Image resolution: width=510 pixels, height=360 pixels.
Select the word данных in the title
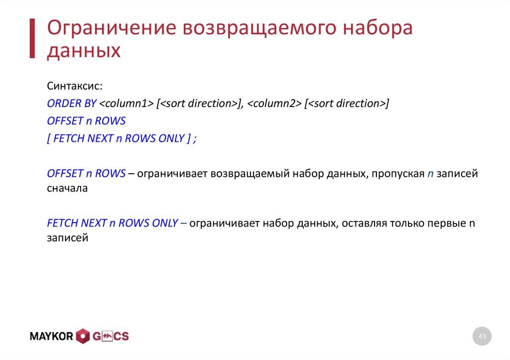(84, 51)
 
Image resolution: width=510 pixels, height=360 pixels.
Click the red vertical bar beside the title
(32, 39)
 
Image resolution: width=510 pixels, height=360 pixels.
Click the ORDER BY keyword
(72, 104)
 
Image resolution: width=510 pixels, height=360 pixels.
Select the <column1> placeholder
(126, 104)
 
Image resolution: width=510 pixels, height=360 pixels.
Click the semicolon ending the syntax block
(195, 139)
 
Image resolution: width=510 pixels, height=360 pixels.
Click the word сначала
(67, 189)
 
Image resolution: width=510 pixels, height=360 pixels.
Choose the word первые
(446, 223)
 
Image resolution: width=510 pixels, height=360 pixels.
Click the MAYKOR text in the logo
(52, 337)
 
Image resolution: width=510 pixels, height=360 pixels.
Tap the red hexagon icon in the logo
(82, 337)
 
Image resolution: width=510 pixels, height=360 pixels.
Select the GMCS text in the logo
(110, 337)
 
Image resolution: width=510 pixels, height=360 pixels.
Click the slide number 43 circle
(482, 337)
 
